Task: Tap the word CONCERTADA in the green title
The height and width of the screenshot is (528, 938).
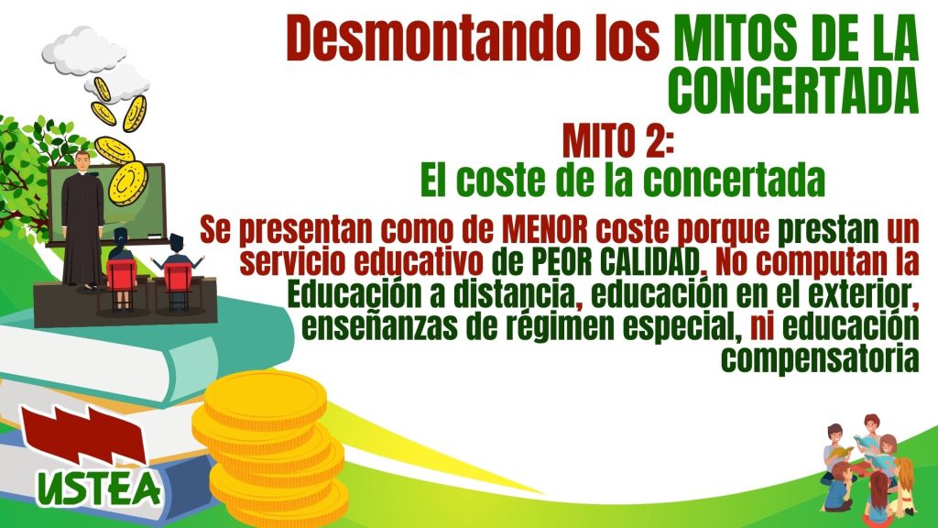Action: (x=793, y=91)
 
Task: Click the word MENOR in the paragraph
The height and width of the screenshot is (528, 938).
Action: (x=544, y=230)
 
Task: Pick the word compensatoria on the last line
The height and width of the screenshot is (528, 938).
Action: (x=820, y=359)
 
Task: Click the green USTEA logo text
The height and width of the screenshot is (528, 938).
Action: (x=99, y=488)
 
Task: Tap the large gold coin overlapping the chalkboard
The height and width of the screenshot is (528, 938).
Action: (x=127, y=183)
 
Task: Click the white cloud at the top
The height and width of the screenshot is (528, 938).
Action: (x=84, y=50)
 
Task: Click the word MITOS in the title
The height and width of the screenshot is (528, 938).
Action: (x=736, y=38)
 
